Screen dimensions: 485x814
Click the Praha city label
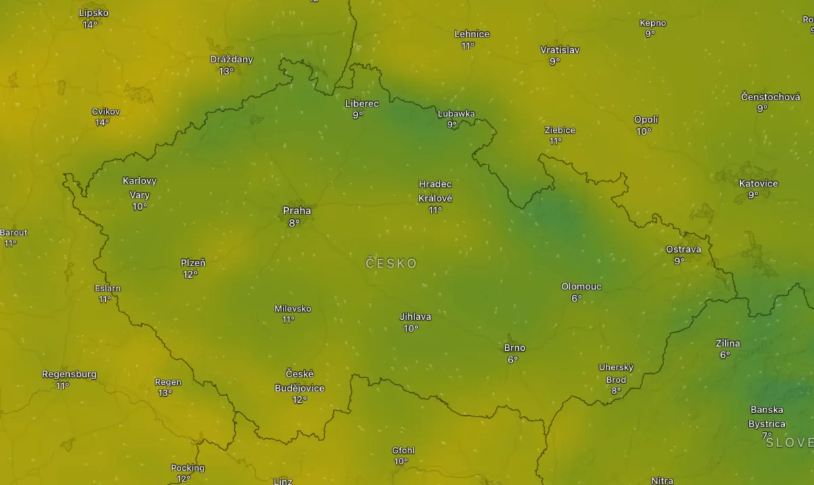pos(296,211)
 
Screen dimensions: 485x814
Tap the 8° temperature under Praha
pos(294,222)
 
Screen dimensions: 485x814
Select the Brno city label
pos(514,348)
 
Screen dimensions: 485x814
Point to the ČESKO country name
pos(391,263)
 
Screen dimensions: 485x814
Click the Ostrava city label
pos(683,249)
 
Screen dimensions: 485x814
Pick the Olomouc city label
pos(581,287)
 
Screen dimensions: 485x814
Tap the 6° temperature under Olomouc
pos(577,298)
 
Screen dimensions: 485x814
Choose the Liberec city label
pos(362,104)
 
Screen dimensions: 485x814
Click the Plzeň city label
pos(193,263)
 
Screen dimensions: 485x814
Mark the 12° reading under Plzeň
pos(190,274)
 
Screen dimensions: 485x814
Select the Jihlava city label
pos(415,316)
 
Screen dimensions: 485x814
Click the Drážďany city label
pos(231,60)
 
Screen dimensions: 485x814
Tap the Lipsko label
pos(94,13)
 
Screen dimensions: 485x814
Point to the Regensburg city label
pos(69,375)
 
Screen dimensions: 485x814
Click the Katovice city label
pos(758,184)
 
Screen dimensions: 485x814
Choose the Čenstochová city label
pos(770,97)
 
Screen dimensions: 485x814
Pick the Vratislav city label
pos(560,49)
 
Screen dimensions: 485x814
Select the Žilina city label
pos(728,343)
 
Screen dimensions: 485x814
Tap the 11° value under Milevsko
pos(288,320)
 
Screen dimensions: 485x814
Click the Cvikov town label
pos(105,112)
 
